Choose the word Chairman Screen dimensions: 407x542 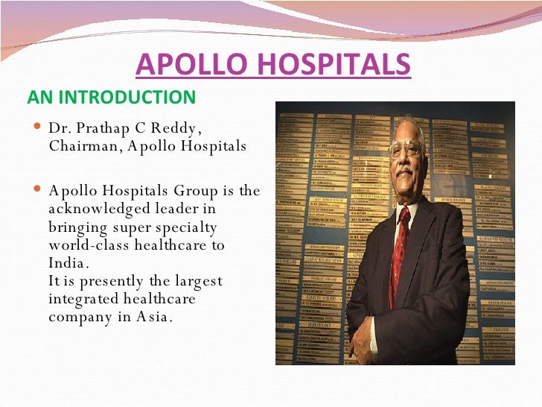[80, 145]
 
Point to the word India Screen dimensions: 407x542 [68, 263]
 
